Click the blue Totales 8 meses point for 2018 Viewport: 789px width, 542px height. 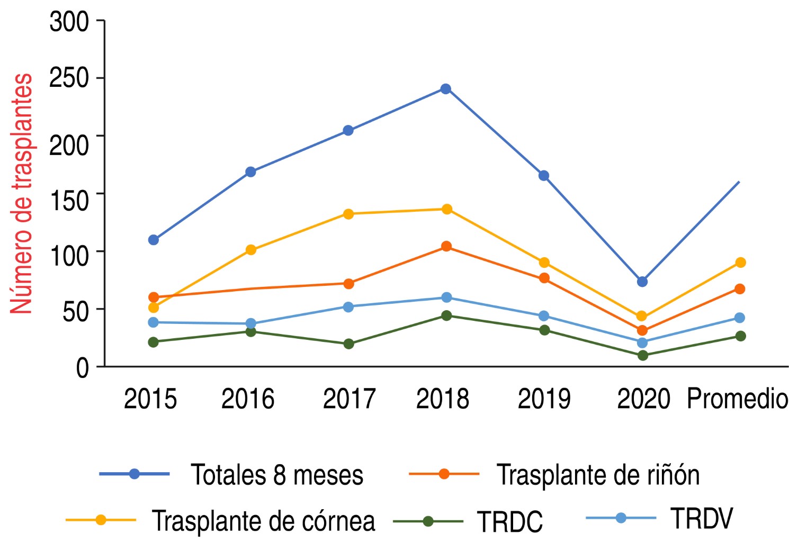[x=446, y=88]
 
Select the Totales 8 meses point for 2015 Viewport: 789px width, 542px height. [x=154, y=240]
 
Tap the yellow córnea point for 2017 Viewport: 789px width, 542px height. [x=348, y=214]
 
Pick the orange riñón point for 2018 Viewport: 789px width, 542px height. [x=446, y=246]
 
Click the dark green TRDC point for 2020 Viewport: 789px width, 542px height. [x=642, y=355]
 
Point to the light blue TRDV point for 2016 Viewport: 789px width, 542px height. [x=251, y=323]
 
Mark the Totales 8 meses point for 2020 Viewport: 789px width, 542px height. [x=642, y=282]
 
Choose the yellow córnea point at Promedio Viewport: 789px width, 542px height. [x=740, y=263]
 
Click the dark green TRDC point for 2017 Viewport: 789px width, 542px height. [x=348, y=344]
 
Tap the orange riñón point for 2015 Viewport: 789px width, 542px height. [x=154, y=297]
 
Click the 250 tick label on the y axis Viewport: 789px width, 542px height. [x=69, y=78]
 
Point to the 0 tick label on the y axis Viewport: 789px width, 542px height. [x=82, y=367]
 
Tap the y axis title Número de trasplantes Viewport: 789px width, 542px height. [x=22, y=193]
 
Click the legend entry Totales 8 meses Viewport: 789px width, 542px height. [x=277, y=475]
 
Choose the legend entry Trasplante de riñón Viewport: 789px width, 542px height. [x=598, y=475]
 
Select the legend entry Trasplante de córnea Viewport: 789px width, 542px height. [x=263, y=521]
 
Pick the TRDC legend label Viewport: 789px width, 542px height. [x=510, y=522]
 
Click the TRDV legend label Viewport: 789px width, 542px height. [x=702, y=518]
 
